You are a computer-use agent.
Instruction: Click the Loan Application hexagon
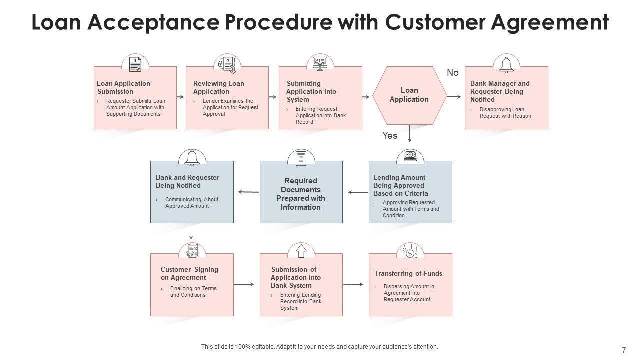pyautogui.click(x=409, y=95)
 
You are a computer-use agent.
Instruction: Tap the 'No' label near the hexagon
pyautogui.click(x=453, y=73)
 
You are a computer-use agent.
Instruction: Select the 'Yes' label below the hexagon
pyautogui.click(x=390, y=135)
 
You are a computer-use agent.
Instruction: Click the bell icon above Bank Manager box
pyautogui.click(x=506, y=64)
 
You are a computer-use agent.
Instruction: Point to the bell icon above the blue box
pyautogui.click(x=192, y=157)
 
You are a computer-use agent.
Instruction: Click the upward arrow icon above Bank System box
pyautogui.click(x=301, y=251)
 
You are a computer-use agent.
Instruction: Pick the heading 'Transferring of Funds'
pyautogui.click(x=408, y=273)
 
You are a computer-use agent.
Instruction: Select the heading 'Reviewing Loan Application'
pyautogui.click(x=219, y=87)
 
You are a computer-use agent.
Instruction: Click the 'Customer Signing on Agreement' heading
pyautogui.click(x=189, y=273)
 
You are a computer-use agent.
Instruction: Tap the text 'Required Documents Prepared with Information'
pyautogui.click(x=301, y=194)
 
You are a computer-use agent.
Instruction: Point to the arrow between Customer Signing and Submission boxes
pyautogui.click(x=244, y=285)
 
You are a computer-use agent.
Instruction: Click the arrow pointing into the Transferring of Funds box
pyautogui.click(x=353, y=284)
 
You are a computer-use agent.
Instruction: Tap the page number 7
pyautogui.click(x=624, y=350)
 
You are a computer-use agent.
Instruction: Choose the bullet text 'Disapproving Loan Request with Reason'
pyautogui.click(x=505, y=113)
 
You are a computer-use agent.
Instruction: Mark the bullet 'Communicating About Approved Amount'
pyautogui.click(x=192, y=203)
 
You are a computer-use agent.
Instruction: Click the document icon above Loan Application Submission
pyautogui.click(x=135, y=64)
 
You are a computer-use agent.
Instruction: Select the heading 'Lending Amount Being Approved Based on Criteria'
pyautogui.click(x=401, y=185)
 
